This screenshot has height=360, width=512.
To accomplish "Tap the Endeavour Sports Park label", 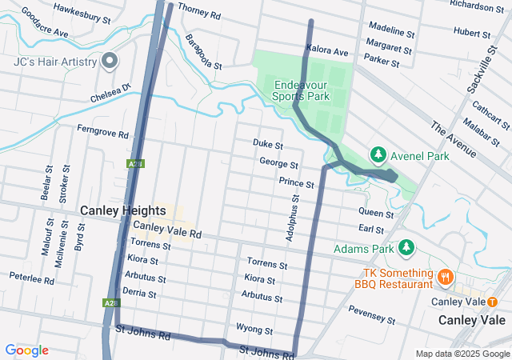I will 302,90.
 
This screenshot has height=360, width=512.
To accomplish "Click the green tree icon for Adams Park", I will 406,248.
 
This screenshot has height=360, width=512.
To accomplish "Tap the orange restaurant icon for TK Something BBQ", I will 446,277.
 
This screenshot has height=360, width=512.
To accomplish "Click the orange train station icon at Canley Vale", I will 492,302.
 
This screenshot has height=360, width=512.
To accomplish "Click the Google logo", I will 26,350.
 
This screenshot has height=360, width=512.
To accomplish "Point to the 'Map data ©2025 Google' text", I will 462,354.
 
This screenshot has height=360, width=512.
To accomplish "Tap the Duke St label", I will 268,145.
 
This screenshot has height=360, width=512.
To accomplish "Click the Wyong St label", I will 254,330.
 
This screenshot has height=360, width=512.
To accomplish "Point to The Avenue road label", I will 453,137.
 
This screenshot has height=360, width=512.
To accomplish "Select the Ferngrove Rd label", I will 102,131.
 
